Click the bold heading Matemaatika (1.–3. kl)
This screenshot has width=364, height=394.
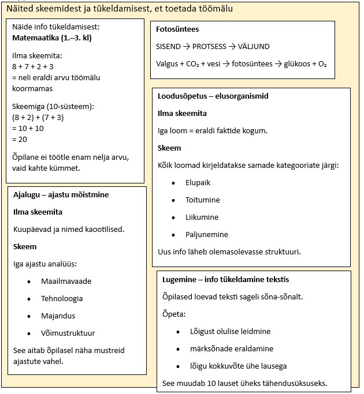pos(51,38)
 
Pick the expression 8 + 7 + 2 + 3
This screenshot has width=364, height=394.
pos(33,66)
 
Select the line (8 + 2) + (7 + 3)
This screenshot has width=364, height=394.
pos(38,117)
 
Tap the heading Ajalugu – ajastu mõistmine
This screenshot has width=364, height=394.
pos(61,195)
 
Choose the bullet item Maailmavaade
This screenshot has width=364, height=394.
pos(66,282)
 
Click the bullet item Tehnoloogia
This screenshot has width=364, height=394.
pos(62,299)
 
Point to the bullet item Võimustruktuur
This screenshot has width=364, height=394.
pos(68,333)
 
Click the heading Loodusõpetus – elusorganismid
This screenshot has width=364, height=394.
pos(213,96)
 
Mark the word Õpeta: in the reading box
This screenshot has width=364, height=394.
pos(174,314)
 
